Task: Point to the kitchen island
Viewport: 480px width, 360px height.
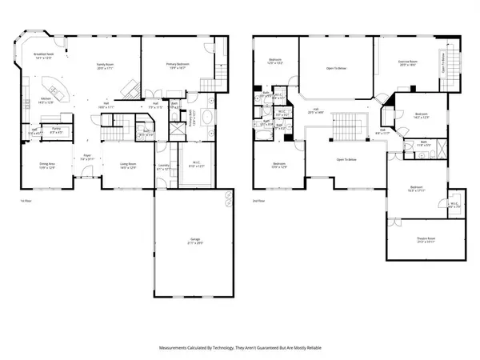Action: (54, 86)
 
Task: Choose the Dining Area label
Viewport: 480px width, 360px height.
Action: (47, 164)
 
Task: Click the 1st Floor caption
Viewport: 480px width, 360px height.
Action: (26, 201)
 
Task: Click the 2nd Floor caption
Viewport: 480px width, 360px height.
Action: (258, 201)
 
